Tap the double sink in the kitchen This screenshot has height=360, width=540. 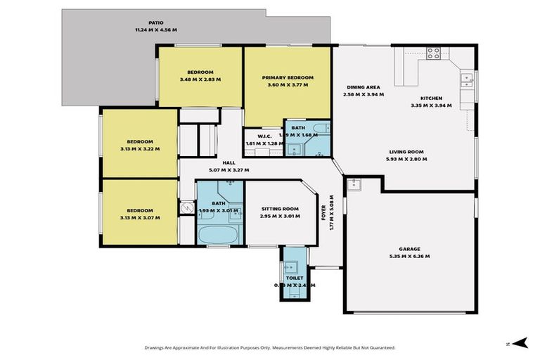pos(465,79)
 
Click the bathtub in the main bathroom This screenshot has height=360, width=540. pos(219,234)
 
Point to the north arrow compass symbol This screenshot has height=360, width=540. pos(519,342)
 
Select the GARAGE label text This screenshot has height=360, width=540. pos(410,249)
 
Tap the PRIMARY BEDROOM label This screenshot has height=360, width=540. pos(287,77)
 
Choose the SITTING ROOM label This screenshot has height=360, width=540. pos(280,209)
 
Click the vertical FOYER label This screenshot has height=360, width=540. pos(324,211)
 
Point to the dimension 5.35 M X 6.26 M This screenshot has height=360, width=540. pos(410,257)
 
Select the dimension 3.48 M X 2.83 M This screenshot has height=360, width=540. pos(200,79)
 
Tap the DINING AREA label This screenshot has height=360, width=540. pos(363,87)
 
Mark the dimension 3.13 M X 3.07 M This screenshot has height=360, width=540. pos(139,218)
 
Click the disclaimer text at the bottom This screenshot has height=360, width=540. pos(269,347)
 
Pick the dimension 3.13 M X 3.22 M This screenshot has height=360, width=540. pos(139,149)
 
